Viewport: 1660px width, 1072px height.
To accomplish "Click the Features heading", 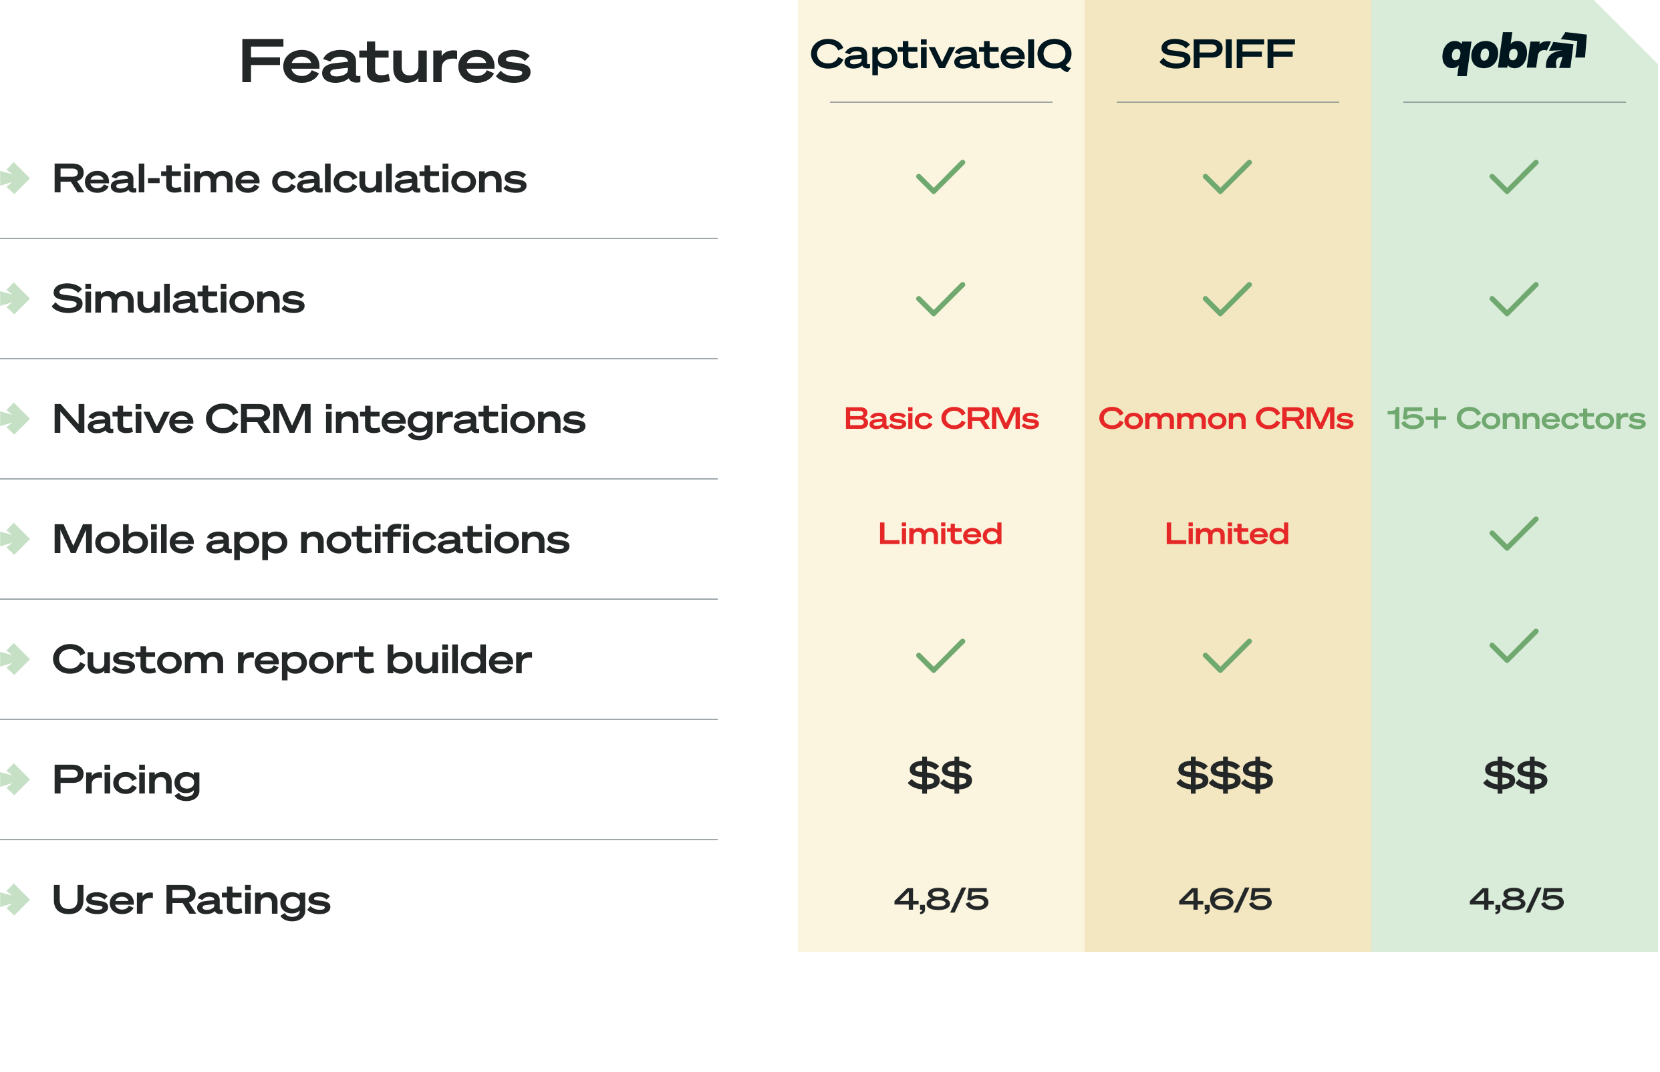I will point(384,63).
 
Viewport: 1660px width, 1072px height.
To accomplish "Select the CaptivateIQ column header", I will point(941,55).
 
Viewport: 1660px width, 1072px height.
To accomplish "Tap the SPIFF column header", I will point(1227,54).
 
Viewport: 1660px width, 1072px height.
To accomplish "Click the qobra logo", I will point(1514,53).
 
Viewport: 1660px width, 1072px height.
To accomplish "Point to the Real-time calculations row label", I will point(289,179).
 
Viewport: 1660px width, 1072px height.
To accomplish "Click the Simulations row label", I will point(178,299).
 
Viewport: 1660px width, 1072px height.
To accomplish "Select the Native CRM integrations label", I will point(319,419).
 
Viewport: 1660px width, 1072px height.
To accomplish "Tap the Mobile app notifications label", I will point(311,540).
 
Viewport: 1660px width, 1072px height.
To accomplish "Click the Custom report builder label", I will point(292,659).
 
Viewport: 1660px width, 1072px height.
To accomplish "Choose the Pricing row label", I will point(127,779).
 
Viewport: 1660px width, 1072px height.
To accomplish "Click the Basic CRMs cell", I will point(942,418).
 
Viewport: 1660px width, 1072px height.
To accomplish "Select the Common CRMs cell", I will point(1226,418).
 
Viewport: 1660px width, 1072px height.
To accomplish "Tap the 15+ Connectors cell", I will point(1516,418).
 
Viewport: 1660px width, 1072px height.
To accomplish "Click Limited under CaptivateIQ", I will point(940,534).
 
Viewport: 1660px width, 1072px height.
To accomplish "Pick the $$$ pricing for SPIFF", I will point(1225,776).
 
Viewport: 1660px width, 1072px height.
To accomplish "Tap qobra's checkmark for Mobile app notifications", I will point(1514,534).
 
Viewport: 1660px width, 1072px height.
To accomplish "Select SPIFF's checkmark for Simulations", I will point(1227,299).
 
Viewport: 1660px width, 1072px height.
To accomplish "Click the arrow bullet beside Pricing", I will point(15,779).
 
